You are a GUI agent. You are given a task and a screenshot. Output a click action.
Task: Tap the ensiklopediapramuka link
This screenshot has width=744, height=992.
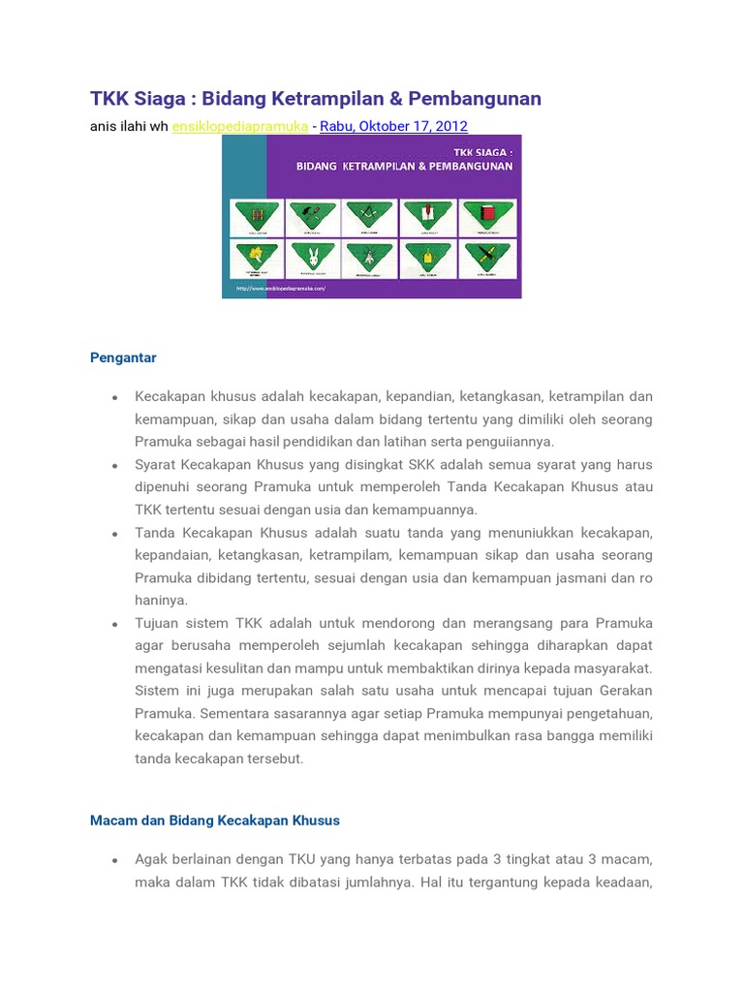tap(240, 126)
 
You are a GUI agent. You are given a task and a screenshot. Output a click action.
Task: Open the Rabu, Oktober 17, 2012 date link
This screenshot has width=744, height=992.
tap(393, 126)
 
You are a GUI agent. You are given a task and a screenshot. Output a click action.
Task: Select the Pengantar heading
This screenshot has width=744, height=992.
tap(123, 357)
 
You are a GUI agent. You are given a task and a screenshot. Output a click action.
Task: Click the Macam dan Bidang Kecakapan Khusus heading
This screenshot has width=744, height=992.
tap(214, 821)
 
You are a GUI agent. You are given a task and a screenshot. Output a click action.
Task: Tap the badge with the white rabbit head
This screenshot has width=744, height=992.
tap(313, 258)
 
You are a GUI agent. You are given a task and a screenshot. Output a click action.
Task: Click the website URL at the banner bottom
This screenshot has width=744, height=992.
tap(279, 289)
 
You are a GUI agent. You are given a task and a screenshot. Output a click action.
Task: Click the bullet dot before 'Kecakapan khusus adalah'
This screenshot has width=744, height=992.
tap(114, 397)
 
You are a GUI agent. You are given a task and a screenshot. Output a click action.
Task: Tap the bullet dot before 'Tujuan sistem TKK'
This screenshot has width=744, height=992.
tap(114, 624)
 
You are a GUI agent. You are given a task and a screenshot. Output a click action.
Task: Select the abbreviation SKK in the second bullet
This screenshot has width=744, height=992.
tap(424, 464)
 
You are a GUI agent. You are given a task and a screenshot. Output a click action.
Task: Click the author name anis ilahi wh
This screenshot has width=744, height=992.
tap(129, 126)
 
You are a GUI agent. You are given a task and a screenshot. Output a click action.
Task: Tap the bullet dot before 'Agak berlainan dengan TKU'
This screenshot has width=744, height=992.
tap(114, 860)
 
